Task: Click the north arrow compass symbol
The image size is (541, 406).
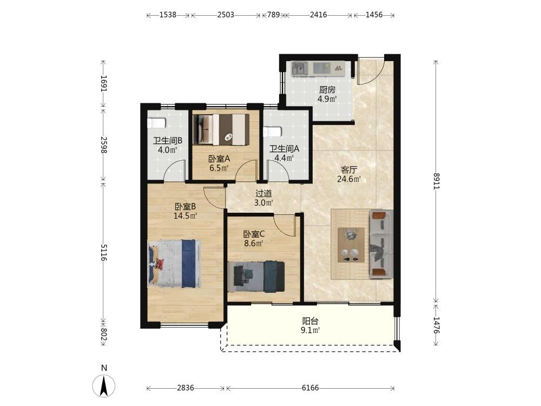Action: point(104,384)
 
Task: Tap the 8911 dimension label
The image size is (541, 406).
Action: point(436,181)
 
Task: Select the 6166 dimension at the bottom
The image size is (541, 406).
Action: point(310,388)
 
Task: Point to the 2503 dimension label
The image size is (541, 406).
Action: point(226,15)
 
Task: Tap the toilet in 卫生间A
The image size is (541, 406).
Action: point(272,132)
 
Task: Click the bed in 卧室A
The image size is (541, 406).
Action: point(221,129)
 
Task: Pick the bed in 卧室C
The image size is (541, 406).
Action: point(256,277)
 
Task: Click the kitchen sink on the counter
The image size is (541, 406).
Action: point(300,69)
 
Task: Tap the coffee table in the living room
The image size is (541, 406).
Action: point(351,245)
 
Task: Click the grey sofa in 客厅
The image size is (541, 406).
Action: point(381,244)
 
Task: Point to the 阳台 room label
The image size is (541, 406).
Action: point(310,320)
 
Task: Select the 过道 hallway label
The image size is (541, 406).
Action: point(263,194)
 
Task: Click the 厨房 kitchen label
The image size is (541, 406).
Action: point(327,90)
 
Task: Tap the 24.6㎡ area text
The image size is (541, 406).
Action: point(349,179)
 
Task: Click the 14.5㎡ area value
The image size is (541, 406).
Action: point(185,216)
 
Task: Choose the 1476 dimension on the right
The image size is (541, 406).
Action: point(436,325)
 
